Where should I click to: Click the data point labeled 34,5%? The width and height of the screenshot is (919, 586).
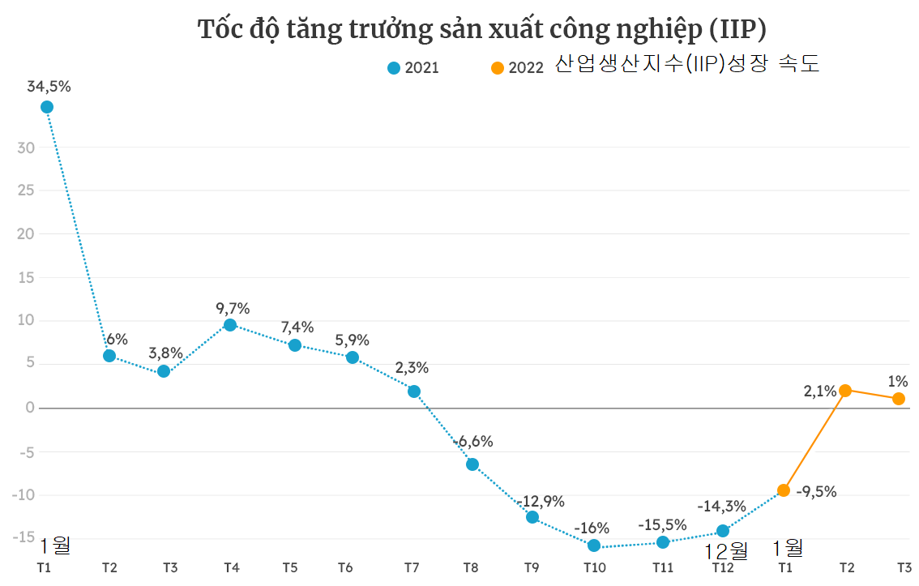(x=47, y=107)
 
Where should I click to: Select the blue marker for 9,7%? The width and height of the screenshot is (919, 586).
(x=230, y=325)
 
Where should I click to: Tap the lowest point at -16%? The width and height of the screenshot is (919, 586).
(x=594, y=546)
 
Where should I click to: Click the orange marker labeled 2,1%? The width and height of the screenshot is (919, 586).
(x=845, y=391)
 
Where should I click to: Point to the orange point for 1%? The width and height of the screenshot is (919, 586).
(x=898, y=399)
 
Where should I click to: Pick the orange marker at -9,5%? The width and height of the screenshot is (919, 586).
(x=784, y=490)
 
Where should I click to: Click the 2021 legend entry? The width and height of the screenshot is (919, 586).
(x=413, y=68)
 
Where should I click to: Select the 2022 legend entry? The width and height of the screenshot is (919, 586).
(x=517, y=68)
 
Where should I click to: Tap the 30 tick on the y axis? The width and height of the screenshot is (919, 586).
(x=26, y=148)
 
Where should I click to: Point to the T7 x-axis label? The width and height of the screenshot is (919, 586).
(x=412, y=567)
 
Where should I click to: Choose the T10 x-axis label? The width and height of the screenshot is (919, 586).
(x=595, y=567)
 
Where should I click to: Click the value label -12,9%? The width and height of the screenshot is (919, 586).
(x=542, y=501)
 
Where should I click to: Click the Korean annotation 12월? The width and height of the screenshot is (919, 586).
(x=726, y=551)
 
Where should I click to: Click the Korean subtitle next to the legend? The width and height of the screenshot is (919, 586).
(x=687, y=65)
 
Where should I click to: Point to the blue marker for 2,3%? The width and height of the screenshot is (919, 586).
(x=414, y=391)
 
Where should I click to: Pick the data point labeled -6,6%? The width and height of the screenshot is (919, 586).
(x=472, y=464)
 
